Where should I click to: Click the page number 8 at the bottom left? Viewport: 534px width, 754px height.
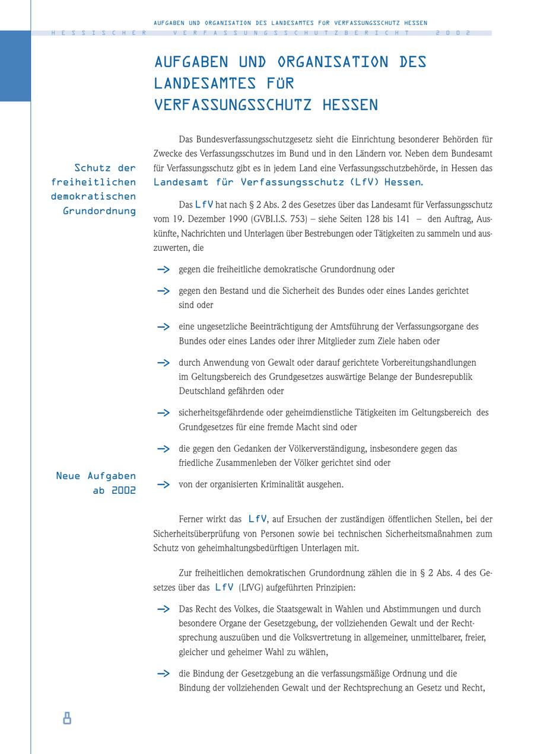coord(67,719)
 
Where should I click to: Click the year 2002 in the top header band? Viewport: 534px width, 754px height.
coord(453,33)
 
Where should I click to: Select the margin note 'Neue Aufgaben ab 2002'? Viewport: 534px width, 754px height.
coord(96,483)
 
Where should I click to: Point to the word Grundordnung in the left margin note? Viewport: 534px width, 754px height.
coord(99,211)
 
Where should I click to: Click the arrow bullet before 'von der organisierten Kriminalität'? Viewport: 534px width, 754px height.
coord(163,484)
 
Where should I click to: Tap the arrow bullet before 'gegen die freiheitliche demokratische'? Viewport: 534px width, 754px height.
coord(163,270)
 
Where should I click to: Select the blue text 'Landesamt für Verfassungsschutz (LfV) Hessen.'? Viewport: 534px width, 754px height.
coord(289,182)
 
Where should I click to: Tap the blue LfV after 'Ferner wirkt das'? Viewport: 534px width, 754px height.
coord(258,519)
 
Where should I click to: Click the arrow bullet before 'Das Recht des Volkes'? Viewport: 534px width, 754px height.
coord(163,609)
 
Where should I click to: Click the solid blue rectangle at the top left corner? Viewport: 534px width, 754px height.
coord(15,66)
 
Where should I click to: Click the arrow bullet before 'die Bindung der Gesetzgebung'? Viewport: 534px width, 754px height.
coord(163,673)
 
